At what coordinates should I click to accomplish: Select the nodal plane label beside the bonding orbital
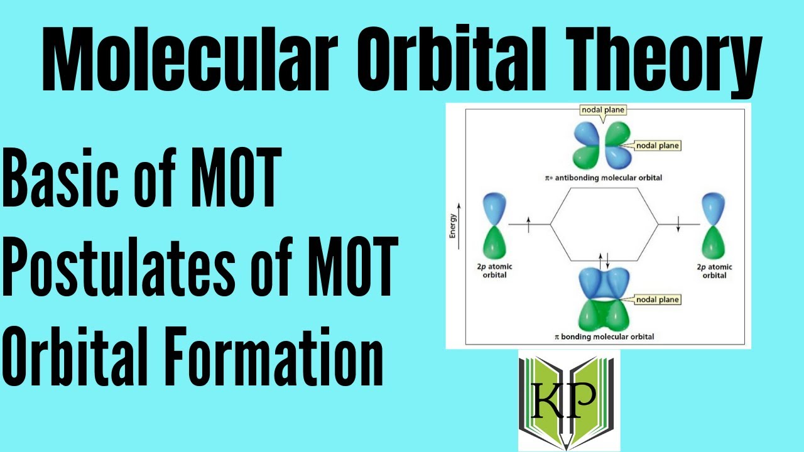(x=658, y=299)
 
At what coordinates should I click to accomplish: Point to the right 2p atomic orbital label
(x=714, y=271)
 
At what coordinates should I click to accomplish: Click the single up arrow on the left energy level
(x=529, y=223)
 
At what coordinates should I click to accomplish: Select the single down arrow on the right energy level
(x=678, y=223)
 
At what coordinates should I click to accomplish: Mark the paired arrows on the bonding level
(x=604, y=259)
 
